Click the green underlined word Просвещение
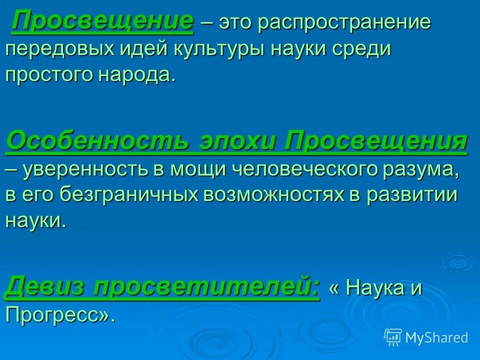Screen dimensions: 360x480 (x=103, y=22)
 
